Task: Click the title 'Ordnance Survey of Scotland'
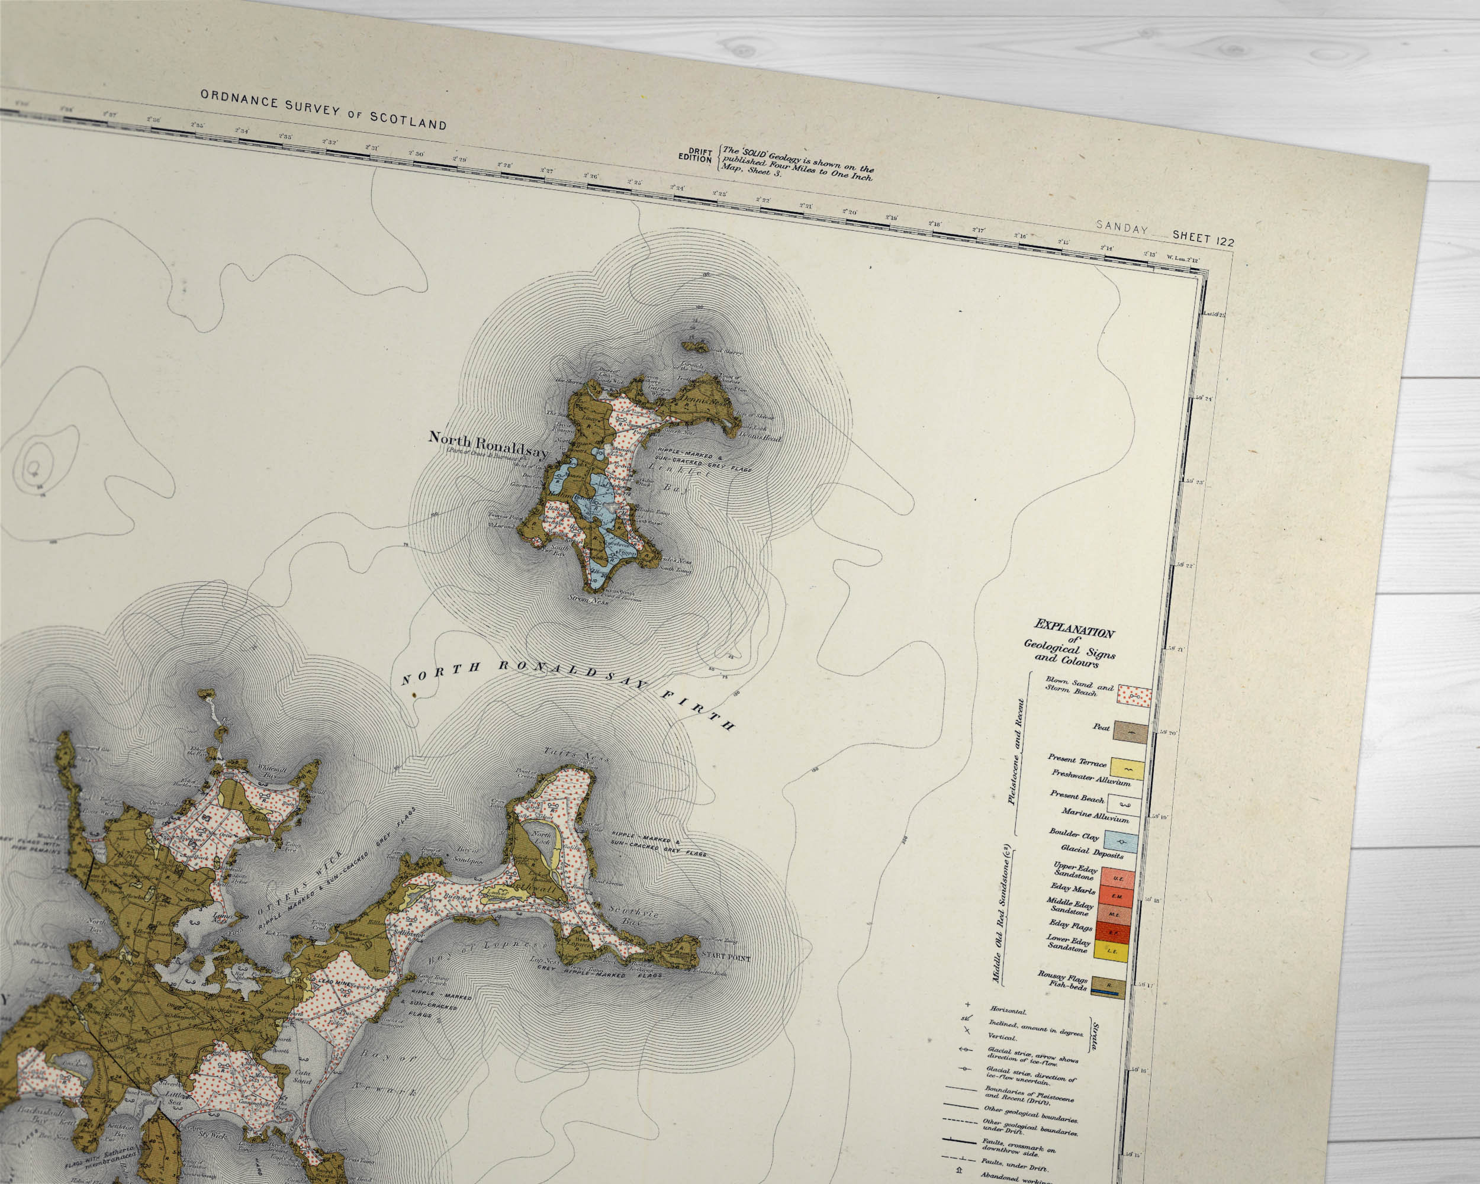click(x=323, y=109)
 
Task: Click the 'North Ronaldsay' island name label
click(x=488, y=444)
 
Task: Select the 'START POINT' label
click(x=726, y=957)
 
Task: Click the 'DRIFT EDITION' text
click(x=696, y=155)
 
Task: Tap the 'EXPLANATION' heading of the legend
click(x=1074, y=628)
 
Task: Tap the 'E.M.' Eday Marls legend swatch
click(x=1116, y=896)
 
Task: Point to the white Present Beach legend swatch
click(x=1124, y=805)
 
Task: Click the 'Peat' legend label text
click(x=1101, y=727)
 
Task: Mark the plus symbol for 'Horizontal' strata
click(x=968, y=1005)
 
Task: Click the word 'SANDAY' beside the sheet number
click(x=1122, y=228)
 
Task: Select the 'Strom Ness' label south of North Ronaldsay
click(x=588, y=599)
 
